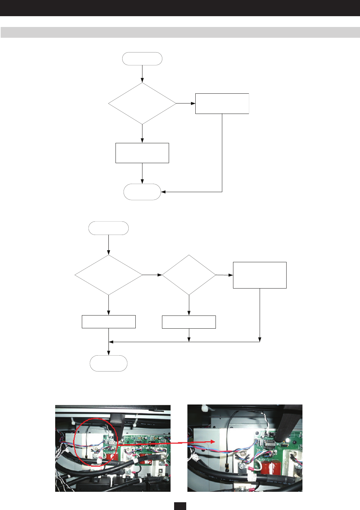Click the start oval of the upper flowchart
tap(142, 59)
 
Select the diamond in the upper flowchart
tap(142, 103)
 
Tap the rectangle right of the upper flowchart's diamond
tap(222, 103)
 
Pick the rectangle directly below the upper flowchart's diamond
tap(142, 153)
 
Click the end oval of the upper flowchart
tap(142, 192)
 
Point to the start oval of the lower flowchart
tap(108, 228)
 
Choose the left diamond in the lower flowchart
tap(108, 275)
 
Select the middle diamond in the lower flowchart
tap(189, 275)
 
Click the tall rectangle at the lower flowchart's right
tap(260, 275)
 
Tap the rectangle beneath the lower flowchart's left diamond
tap(108, 322)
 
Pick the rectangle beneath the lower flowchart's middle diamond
tap(189, 322)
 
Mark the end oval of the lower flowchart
tap(108, 363)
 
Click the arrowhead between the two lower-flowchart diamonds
tap(160, 275)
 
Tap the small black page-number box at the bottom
tap(180, 506)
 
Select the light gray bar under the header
tap(180, 32)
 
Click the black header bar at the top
tap(180, 8)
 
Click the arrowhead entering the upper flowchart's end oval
tap(163, 192)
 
